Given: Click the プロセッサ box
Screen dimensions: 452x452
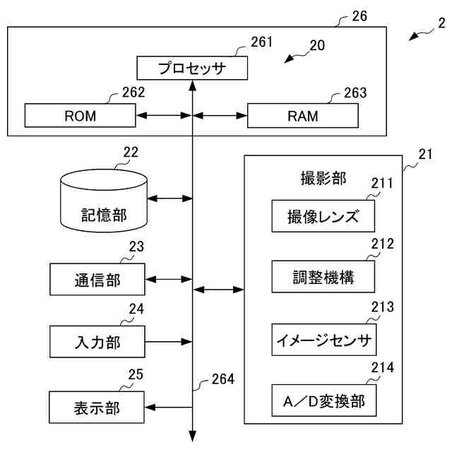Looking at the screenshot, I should (192, 69).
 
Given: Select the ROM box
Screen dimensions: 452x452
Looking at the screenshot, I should (80, 115).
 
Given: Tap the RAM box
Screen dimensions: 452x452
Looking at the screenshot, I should (302, 115).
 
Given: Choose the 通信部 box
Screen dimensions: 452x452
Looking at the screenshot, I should (97, 280).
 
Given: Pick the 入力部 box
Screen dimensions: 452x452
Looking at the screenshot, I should (97, 343).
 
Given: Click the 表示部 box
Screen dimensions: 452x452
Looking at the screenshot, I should (97, 408).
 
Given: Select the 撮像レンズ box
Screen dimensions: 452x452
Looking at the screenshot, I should (323, 216).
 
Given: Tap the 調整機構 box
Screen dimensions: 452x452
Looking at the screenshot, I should (323, 278).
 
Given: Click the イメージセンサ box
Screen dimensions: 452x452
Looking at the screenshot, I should (323, 340).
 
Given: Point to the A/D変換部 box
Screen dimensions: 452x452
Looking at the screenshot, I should (323, 401).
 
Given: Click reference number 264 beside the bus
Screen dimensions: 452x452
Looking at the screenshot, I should (222, 380).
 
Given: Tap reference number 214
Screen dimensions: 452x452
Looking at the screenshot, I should (382, 367).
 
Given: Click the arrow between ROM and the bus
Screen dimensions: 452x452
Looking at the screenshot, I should (163, 115).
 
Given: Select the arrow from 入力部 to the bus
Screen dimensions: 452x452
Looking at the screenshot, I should (169, 343).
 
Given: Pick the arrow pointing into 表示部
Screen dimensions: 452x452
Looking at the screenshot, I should (169, 408).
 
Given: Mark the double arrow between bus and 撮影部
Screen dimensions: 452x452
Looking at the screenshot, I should (218, 289).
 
